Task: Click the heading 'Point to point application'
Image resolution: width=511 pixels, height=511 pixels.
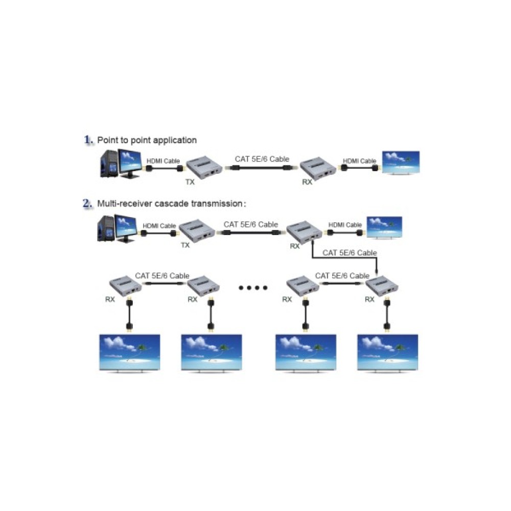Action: click(x=147, y=140)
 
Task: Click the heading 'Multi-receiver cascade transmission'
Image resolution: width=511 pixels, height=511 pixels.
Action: click(x=172, y=203)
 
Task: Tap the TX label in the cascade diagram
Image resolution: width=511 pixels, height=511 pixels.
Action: click(x=185, y=245)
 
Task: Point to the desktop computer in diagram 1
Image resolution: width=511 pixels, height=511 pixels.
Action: click(x=119, y=164)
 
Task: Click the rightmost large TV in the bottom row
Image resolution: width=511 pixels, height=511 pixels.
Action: click(x=388, y=353)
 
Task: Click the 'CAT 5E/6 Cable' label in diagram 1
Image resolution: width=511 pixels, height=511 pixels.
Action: click(x=262, y=159)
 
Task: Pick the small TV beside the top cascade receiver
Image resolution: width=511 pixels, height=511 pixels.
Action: click(x=384, y=228)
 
